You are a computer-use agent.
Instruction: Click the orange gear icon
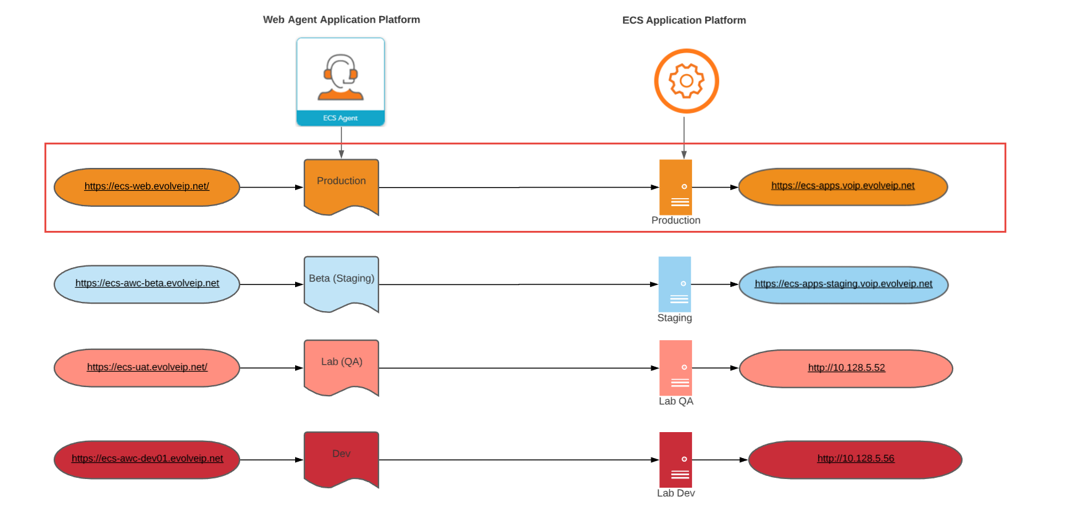click(686, 81)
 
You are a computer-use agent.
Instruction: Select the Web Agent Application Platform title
click(341, 20)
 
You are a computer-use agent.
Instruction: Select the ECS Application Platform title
click(684, 20)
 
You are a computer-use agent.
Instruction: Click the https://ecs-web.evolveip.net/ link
click(147, 186)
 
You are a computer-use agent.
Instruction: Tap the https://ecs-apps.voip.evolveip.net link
click(843, 186)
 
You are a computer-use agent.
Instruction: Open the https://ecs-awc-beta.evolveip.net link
click(147, 283)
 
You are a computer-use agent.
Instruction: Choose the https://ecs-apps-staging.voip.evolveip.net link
click(843, 284)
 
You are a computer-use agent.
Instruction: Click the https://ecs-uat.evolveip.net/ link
click(147, 367)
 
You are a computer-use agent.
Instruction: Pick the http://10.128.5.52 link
click(846, 368)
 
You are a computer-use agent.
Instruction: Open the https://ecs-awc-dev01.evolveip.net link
click(147, 459)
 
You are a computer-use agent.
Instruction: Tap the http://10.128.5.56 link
click(856, 459)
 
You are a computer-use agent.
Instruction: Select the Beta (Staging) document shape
click(341, 283)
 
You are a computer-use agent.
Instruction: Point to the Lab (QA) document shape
click(341, 367)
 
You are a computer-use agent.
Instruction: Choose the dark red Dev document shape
click(341, 459)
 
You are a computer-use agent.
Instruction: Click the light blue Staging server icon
click(675, 284)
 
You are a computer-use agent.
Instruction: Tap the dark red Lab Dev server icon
click(675, 459)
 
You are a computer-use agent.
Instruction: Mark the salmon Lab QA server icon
click(675, 367)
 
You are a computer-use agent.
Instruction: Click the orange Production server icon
click(675, 187)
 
